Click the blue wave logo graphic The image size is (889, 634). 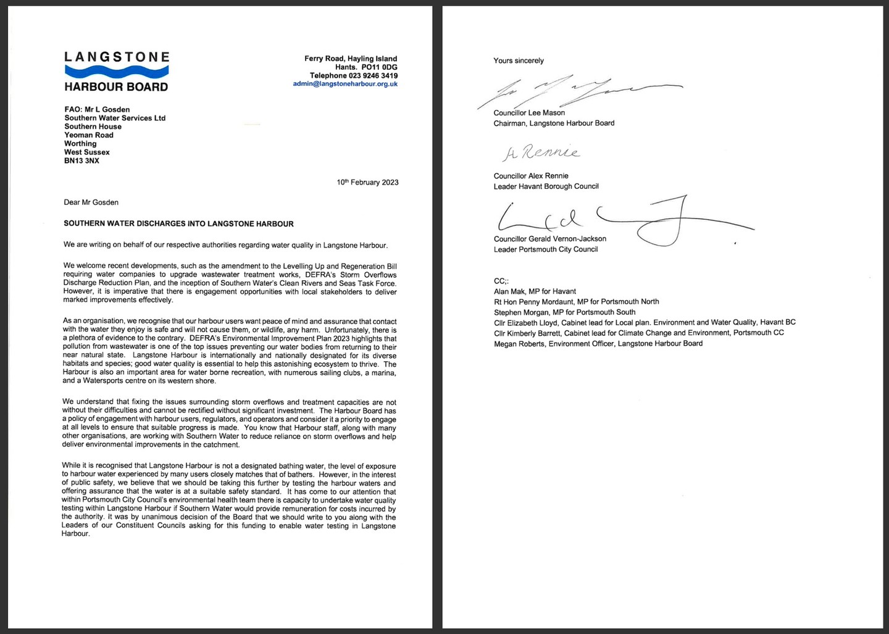click(117, 72)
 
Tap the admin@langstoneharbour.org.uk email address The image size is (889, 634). click(345, 84)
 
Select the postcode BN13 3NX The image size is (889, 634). click(81, 161)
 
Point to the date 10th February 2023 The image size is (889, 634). click(367, 183)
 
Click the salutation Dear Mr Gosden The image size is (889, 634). click(91, 202)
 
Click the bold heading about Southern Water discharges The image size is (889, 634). click(178, 223)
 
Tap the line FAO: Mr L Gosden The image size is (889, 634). click(97, 109)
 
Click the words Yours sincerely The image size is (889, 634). click(519, 60)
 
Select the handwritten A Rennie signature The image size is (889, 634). click(541, 152)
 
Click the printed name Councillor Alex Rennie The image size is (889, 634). click(531, 176)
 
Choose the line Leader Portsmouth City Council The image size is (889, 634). click(546, 249)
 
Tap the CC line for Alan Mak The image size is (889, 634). click(535, 291)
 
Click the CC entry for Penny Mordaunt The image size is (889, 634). click(576, 302)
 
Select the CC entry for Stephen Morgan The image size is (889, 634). click(564, 312)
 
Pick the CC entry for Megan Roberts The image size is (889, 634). click(598, 344)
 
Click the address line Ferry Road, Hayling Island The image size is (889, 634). click(351, 59)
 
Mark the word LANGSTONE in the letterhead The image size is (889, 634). click(117, 57)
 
